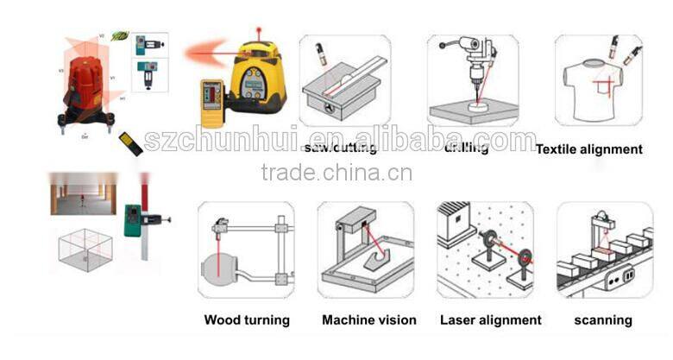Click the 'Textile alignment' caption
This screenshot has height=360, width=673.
(x=588, y=149)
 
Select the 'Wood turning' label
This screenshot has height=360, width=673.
(x=246, y=320)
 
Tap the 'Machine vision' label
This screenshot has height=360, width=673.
(x=368, y=320)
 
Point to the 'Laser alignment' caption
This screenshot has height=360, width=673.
(x=491, y=320)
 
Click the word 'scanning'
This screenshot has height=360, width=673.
(x=603, y=320)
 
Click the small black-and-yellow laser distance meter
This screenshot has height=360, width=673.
(x=131, y=143)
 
